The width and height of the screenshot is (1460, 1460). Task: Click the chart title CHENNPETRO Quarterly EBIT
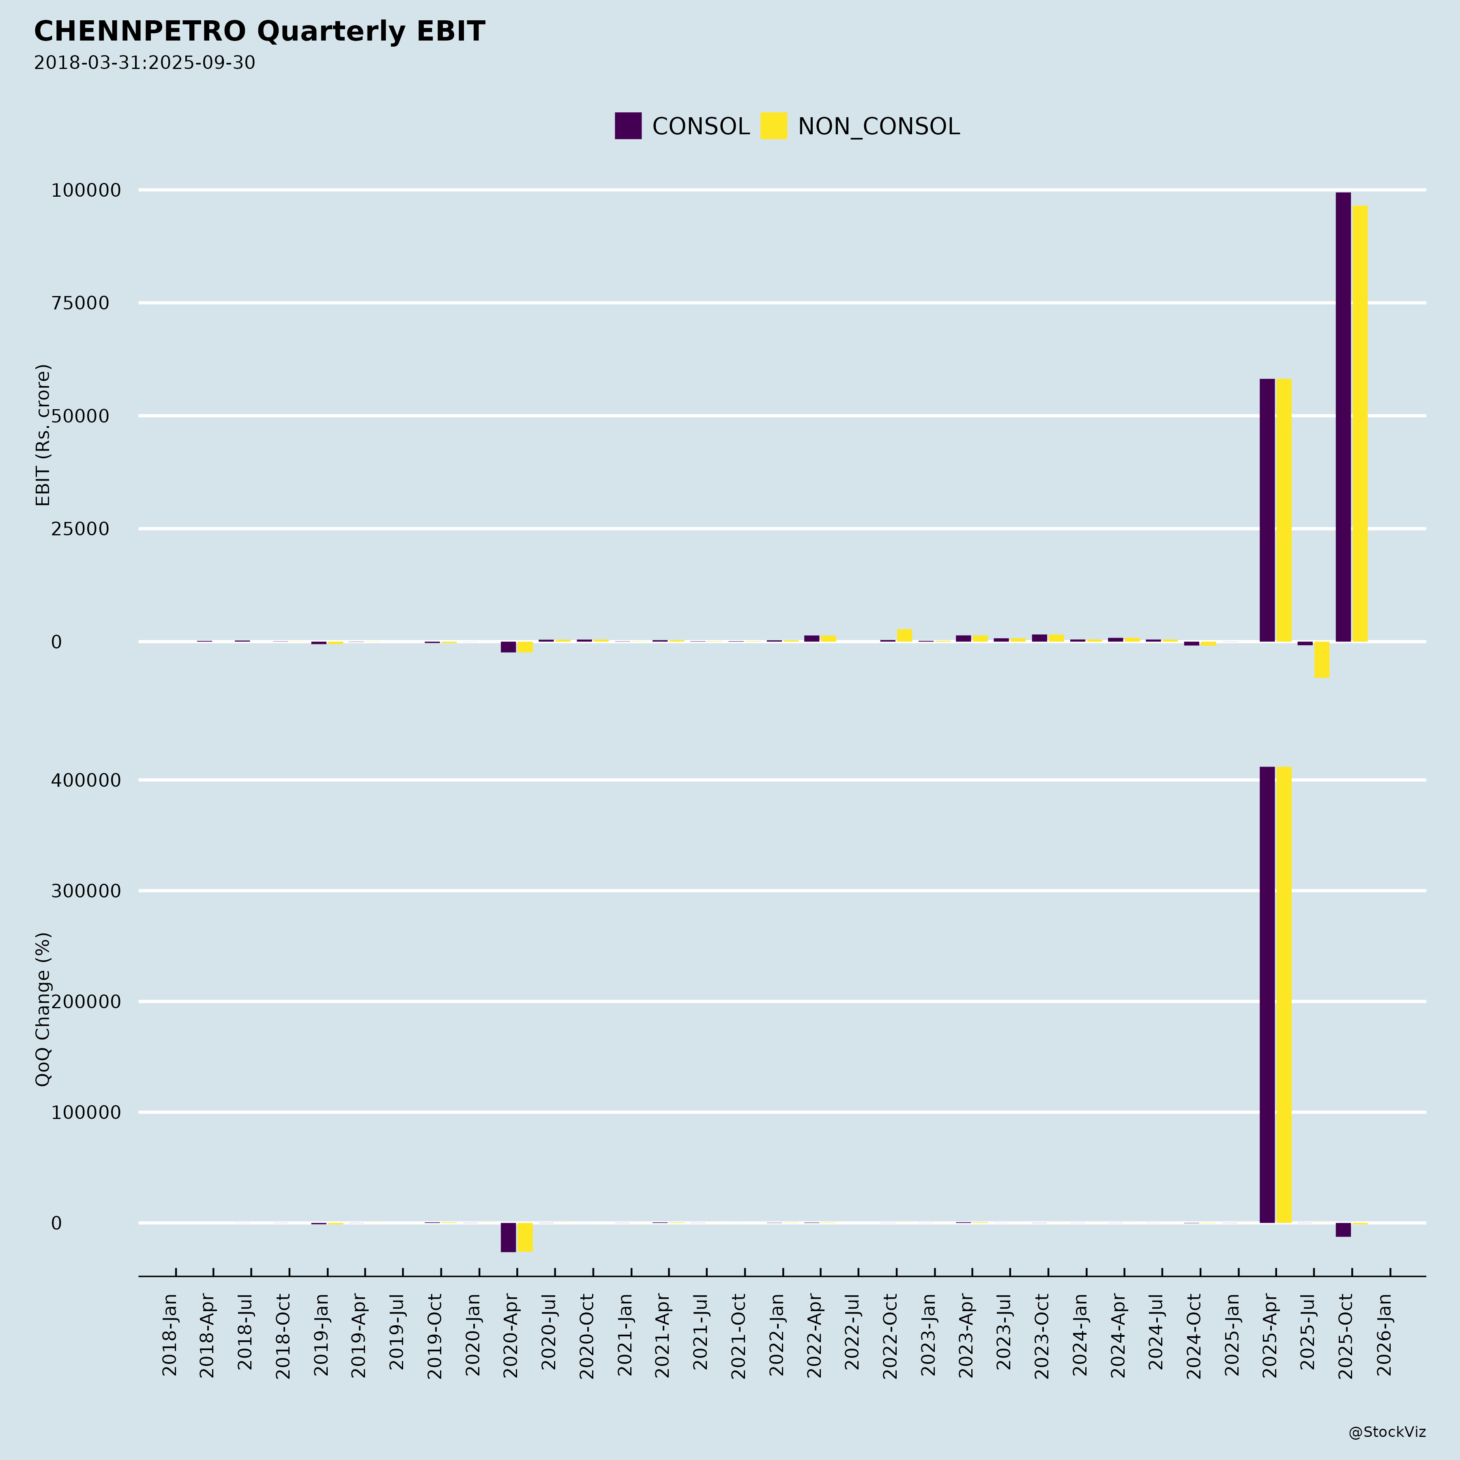click(259, 32)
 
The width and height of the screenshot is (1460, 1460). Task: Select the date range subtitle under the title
click(144, 63)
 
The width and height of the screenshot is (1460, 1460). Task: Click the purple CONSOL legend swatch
click(628, 125)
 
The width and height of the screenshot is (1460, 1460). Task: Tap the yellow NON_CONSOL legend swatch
click(773, 125)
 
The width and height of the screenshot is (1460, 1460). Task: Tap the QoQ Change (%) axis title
click(43, 1009)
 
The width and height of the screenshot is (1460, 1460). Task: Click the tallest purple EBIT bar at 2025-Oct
click(1343, 416)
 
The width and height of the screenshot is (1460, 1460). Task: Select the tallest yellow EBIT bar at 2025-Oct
click(1359, 423)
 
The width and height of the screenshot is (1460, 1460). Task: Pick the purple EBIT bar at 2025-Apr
click(1267, 510)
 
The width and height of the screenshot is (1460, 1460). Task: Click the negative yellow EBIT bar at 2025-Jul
click(1322, 660)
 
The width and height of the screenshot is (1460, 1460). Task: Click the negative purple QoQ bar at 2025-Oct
click(1343, 1230)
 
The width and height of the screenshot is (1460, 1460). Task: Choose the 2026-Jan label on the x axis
click(1385, 1335)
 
